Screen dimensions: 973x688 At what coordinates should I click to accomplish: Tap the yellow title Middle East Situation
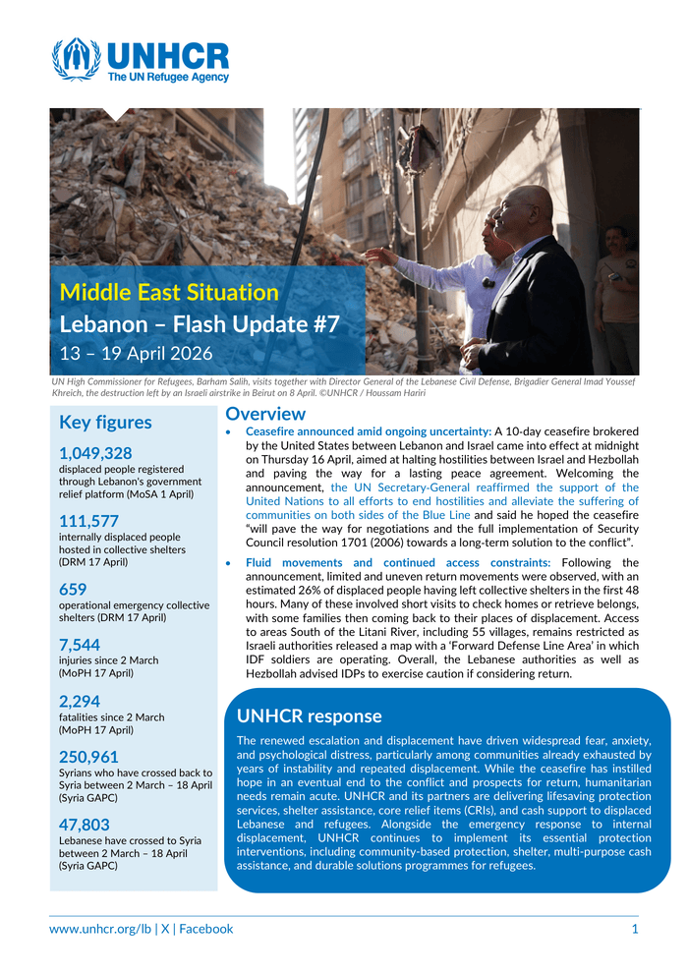pos(169,292)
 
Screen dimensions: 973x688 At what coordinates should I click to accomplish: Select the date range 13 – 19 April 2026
pos(136,353)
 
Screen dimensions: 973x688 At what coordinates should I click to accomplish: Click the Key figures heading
pos(105,423)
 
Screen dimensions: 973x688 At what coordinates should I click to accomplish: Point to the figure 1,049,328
pos(95,453)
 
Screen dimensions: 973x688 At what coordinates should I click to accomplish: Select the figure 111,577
pos(88,522)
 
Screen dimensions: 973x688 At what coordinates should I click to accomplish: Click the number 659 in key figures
pos(73,590)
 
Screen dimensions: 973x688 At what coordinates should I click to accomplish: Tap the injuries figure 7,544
pos(80,645)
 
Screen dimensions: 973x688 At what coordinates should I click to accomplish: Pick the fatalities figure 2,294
pos(80,702)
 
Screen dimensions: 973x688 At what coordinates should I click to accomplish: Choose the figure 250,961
pos(88,757)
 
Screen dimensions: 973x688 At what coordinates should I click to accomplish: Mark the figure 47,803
pos(85,825)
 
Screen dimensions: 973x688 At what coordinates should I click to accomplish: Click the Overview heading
pos(265,415)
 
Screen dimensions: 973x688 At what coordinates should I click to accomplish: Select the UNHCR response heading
pos(310,716)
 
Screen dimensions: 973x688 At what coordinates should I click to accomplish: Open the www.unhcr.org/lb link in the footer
pos(101,929)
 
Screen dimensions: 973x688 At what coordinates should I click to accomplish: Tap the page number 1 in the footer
pos(635,929)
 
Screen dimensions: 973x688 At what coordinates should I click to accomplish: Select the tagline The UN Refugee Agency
pos(168,77)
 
